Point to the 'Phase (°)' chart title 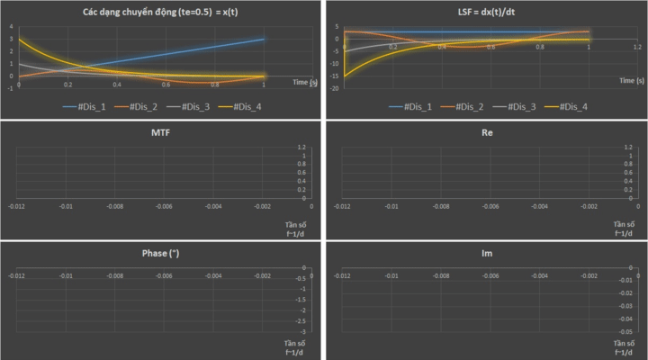click(161, 253)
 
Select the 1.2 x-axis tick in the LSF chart click(636, 46)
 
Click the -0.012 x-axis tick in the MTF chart click(16, 206)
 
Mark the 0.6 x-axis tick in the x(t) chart click(166, 85)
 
